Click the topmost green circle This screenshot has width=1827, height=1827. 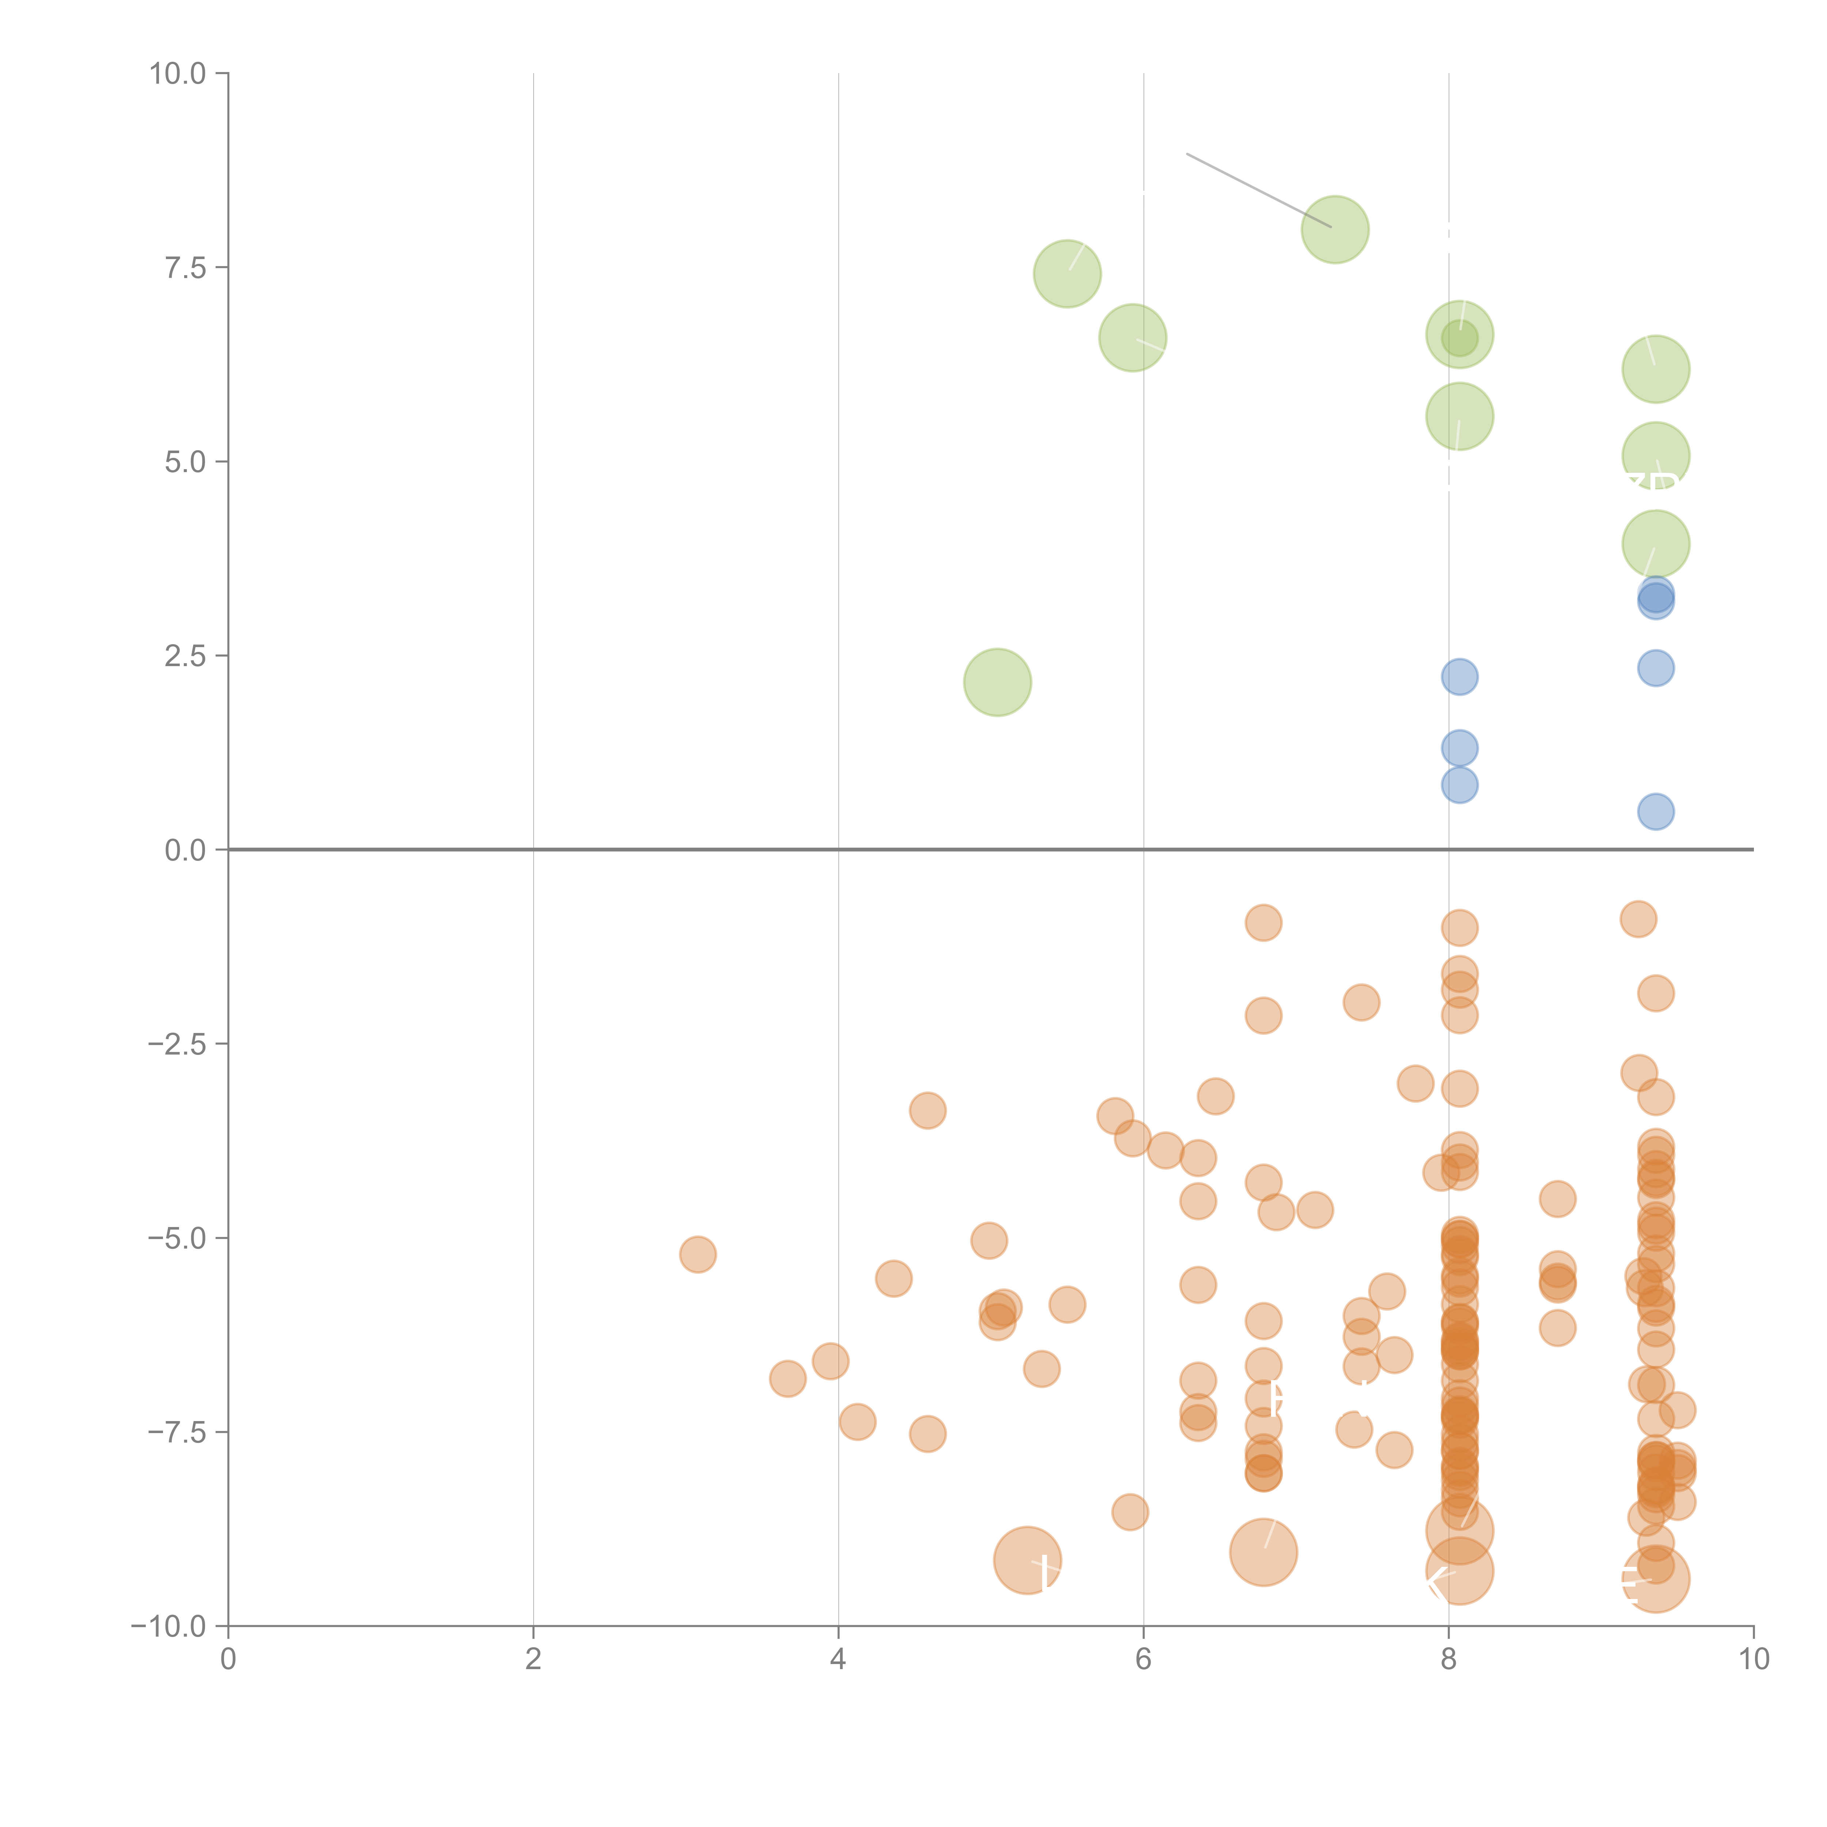(1334, 230)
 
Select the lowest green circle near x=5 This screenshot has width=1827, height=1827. (997, 682)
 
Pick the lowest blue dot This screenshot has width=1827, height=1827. (1655, 811)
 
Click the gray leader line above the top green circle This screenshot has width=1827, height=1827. (1258, 189)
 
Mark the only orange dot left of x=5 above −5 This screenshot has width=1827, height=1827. (928, 1110)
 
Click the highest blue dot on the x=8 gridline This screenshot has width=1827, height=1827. (1459, 676)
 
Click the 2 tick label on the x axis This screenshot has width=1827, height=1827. (533, 1659)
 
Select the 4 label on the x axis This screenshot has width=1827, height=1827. (838, 1659)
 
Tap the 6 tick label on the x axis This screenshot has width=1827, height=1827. (1143, 1659)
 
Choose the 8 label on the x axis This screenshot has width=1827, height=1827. (1449, 1659)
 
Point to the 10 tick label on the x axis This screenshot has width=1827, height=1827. (1753, 1659)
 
